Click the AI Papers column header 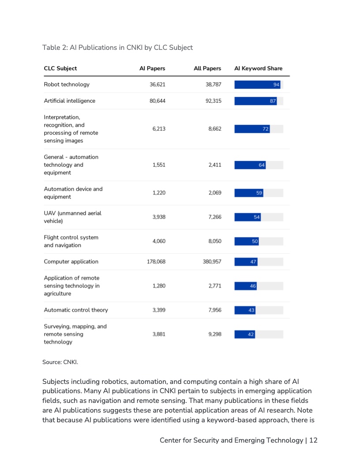[x=152, y=68]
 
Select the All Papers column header [x=207, y=68]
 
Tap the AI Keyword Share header [x=258, y=68]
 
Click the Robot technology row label [x=67, y=84]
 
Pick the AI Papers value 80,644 [x=157, y=101]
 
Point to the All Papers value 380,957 [x=212, y=261]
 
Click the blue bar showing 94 [x=257, y=85]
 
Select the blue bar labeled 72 [x=252, y=129]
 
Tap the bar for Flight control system [x=247, y=241]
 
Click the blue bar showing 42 [x=245, y=334]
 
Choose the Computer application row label [x=71, y=261]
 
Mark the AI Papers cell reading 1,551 [x=159, y=165]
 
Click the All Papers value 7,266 [x=214, y=217]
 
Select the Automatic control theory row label [x=76, y=310]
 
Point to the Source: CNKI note [x=60, y=362]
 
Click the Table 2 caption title [x=117, y=47]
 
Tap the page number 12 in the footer [x=313, y=440]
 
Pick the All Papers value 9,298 [x=214, y=334]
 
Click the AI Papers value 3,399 [x=159, y=310]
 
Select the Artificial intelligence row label [x=69, y=101]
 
